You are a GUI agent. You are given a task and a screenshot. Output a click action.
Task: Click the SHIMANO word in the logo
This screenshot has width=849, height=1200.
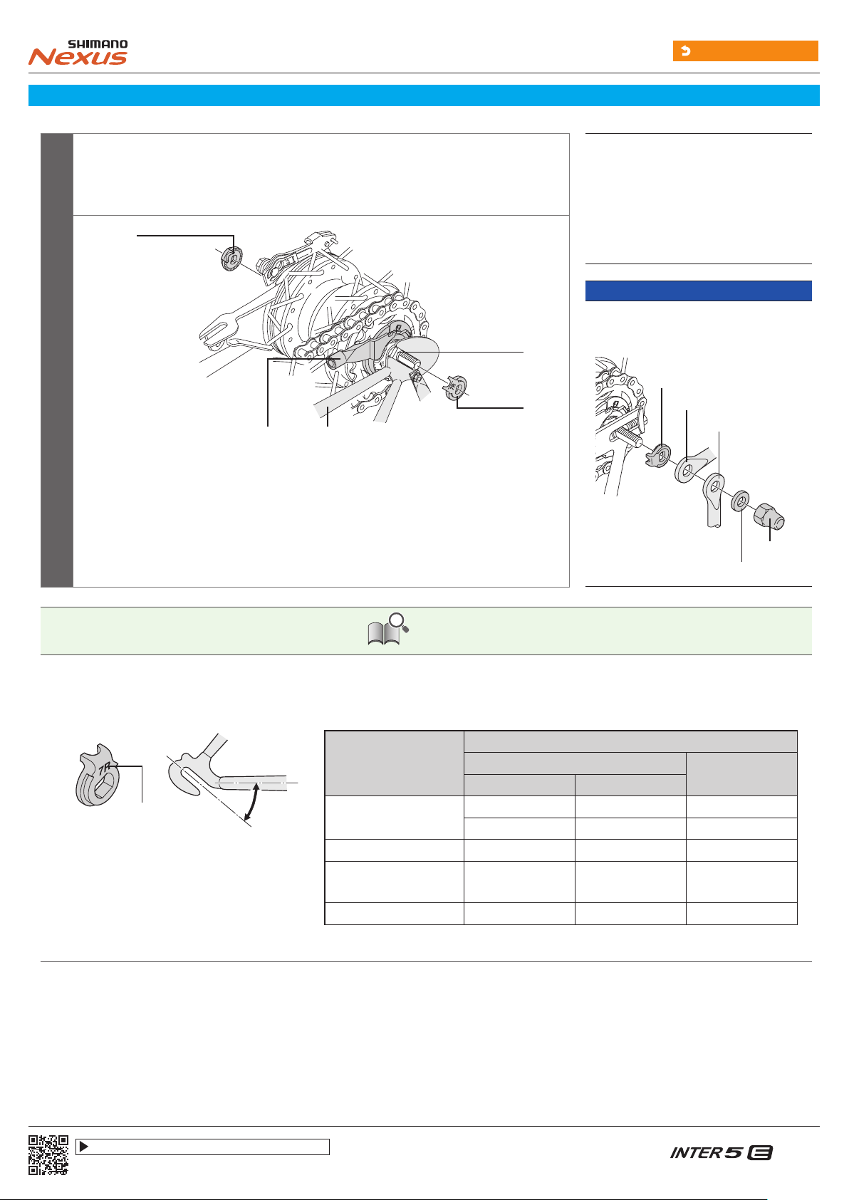click(x=98, y=44)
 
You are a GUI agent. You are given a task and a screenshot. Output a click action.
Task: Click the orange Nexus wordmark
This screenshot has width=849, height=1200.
click(x=78, y=57)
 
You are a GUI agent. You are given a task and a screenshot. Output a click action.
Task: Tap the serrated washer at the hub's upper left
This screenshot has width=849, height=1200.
click(x=231, y=259)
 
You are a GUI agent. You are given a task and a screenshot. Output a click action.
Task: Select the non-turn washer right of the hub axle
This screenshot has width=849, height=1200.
click(x=455, y=387)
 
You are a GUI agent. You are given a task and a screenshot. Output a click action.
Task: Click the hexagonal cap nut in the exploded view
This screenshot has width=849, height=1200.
click(x=769, y=516)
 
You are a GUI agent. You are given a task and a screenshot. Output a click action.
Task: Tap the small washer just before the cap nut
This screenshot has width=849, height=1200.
click(x=740, y=501)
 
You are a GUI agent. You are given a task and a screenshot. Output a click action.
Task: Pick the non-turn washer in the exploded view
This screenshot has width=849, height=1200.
click(x=658, y=455)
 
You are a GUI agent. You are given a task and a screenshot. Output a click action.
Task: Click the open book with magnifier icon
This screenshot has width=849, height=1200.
click(x=387, y=630)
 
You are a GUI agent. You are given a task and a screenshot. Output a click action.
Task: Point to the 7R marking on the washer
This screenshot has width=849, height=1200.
click(x=105, y=769)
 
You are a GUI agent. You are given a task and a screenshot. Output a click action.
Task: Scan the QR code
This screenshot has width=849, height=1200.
click(x=48, y=1154)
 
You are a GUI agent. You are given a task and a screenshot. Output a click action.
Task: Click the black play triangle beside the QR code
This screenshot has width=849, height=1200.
click(x=83, y=1147)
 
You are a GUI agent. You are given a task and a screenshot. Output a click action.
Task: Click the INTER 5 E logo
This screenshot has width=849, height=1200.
click(x=721, y=1152)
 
